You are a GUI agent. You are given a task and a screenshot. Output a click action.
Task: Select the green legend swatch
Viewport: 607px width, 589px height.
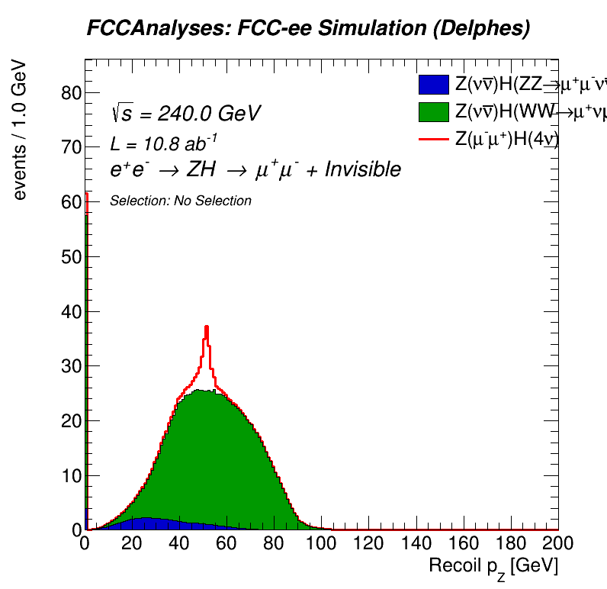434,111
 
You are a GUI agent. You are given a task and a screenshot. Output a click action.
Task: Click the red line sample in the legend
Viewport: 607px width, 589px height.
434,137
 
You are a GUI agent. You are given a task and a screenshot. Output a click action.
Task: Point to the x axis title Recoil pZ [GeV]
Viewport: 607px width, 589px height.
493,567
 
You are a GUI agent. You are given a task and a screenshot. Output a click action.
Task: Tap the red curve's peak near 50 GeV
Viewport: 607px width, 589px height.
206,327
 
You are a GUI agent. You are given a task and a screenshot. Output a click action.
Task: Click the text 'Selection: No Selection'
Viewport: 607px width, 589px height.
181,201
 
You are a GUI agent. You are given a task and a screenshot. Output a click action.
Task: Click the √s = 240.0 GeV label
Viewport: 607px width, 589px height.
186,114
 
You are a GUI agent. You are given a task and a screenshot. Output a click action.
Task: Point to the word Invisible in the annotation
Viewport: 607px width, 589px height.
362,169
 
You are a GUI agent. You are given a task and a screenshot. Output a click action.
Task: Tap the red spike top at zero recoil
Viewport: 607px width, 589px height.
86,193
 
